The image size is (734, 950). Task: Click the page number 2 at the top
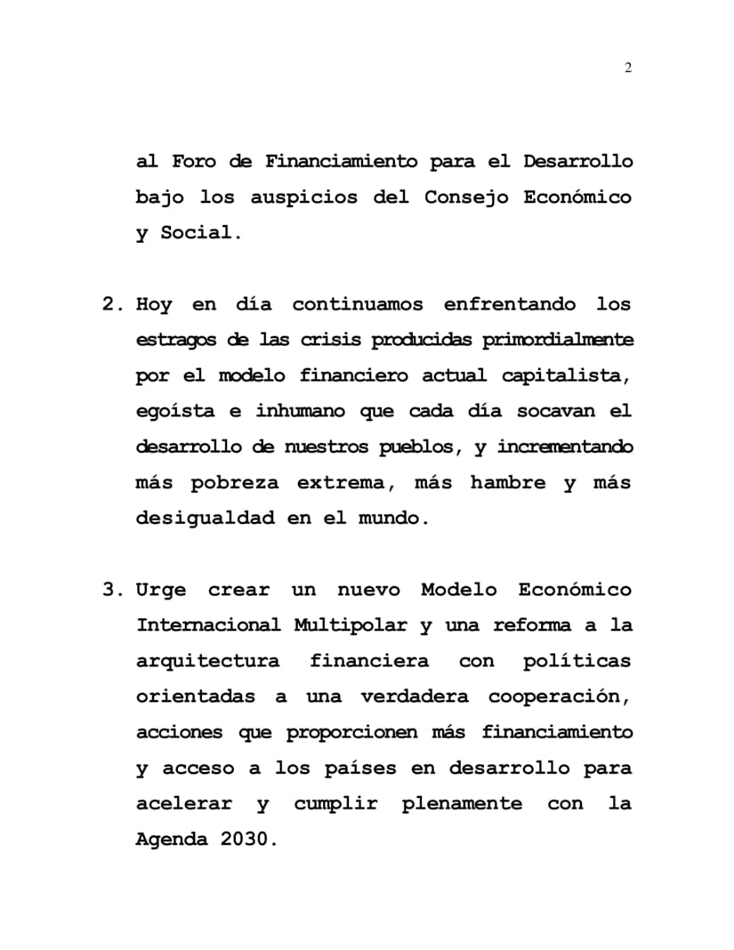tap(628, 69)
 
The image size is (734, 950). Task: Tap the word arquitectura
tap(207, 661)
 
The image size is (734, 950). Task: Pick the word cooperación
tap(560, 696)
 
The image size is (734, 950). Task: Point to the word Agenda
tap(170, 839)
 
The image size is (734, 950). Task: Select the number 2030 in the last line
tap(242, 839)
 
